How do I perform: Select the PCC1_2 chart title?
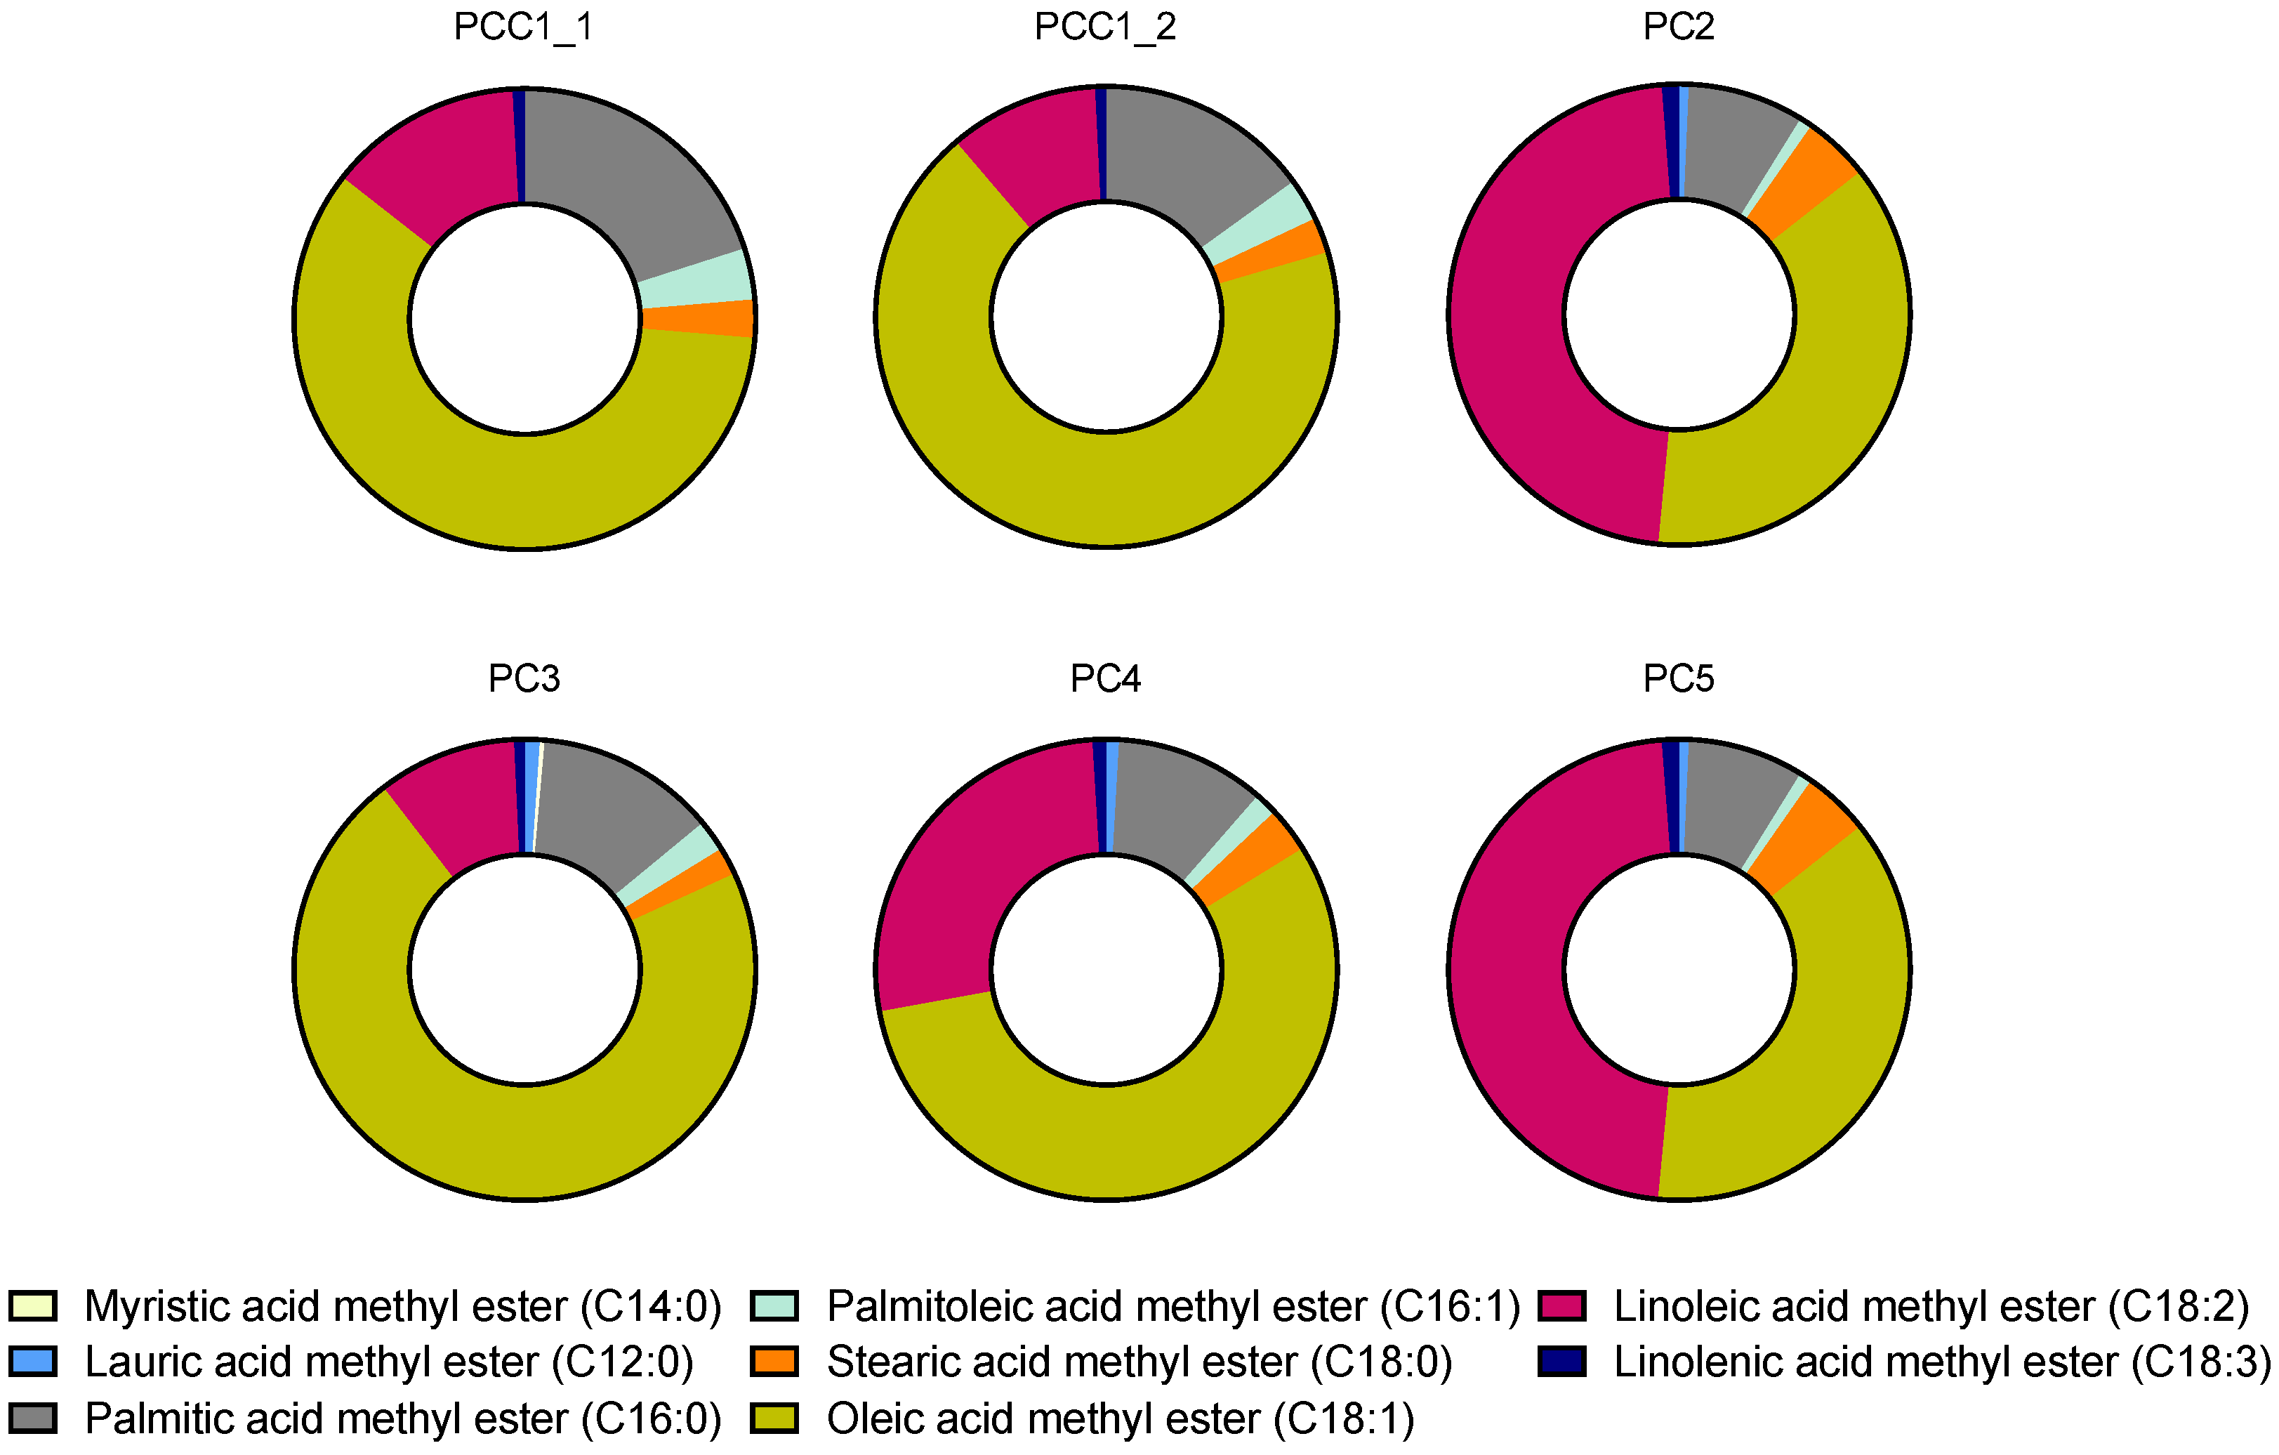coord(1105,27)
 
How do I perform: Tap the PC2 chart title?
coord(1678,27)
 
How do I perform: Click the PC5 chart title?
coord(1678,679)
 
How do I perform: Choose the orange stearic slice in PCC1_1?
coord(697,319)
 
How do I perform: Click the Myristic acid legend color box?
coord(33,1306)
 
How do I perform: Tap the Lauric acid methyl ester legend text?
coord(388,1362)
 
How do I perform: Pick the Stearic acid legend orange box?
coord(774,1362)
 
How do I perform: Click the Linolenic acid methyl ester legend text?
coord(1940,1362)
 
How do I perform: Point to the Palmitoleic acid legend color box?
coord(774,1306)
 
